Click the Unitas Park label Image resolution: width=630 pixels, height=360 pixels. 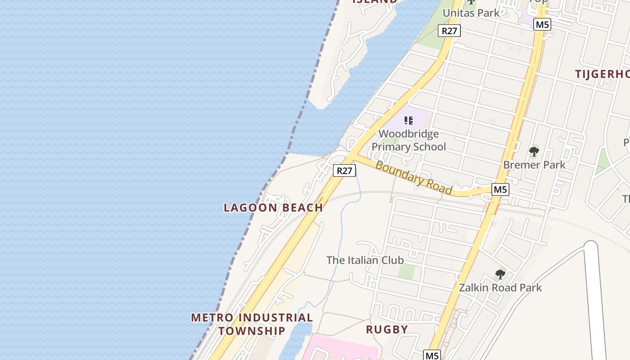tap(471, 13)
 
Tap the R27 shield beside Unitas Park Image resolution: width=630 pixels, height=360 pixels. tap(450, 31)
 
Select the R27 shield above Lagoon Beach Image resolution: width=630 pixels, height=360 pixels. tap(345, 171)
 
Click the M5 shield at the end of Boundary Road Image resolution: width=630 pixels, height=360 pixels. tap(500, 189)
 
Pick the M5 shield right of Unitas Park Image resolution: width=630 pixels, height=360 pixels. tap(542, 24)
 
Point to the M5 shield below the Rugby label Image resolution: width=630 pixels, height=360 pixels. tap(432, 355)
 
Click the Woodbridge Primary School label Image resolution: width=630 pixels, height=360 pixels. tap(409, 140)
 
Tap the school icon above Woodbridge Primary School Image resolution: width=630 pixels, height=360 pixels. tap(409, 121)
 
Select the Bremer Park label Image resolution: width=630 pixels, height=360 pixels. tap(534, 165)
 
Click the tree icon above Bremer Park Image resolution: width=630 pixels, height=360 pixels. tap(534, 151)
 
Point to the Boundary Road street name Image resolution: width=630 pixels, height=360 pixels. tap(413, 177)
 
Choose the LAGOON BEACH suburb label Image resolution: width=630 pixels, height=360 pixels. tap(273, 207)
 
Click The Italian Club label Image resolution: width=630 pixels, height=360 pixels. tap(365, 260)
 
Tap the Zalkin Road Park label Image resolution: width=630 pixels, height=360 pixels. tap(500, 288)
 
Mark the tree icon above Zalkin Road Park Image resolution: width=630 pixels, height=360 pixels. tap(500, 274)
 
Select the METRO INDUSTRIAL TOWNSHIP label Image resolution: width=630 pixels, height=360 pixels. tap(252, 324)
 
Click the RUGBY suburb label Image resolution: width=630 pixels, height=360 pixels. tap(387, 329)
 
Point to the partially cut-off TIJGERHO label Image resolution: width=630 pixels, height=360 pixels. tap(602, 74)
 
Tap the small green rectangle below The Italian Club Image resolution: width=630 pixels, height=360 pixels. tap(407, 271)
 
